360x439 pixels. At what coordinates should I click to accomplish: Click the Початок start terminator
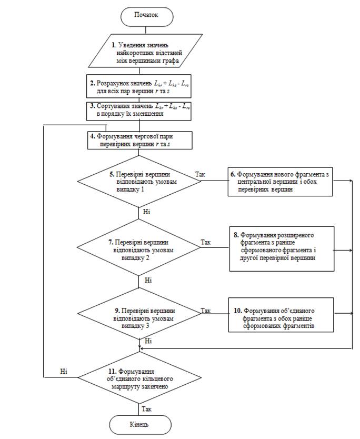click(x=147, y=16)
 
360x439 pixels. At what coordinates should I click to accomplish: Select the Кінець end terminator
click(x=140, y=425)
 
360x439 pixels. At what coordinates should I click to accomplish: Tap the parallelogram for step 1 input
click(x=145, y=51)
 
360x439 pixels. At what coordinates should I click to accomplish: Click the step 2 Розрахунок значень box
click(x=138, y=86)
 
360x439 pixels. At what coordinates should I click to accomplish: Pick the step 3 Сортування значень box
click(x=138, y=111)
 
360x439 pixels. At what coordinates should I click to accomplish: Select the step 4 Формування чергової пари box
click(x=139, y=140)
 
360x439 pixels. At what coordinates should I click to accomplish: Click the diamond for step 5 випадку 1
click(x=139, y=181)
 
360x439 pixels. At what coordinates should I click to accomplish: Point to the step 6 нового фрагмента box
click(x=280, y=182)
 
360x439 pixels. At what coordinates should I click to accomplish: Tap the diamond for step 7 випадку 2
click(x=138, y=247)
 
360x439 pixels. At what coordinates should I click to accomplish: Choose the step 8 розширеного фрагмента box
click(x=282, y=248)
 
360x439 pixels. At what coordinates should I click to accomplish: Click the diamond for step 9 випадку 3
click(x=139, y=313)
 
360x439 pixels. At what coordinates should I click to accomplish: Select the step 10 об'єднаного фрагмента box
click(x=281, y=315)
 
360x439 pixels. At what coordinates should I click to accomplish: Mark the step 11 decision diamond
click(x=139, y=377)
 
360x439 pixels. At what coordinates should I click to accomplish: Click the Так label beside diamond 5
click(x=200, y=174)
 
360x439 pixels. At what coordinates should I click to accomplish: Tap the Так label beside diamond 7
click(x=205, y=242)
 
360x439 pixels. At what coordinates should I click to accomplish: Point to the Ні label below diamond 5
click(x=147, y=212)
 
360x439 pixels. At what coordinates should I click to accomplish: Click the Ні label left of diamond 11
click(x=64, y=372)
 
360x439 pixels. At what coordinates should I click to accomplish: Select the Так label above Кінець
click(x=146, y=409)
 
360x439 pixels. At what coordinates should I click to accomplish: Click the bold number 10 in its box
click(x=238, y=311)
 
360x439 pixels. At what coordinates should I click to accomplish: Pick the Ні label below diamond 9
click(x=148, y=341)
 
